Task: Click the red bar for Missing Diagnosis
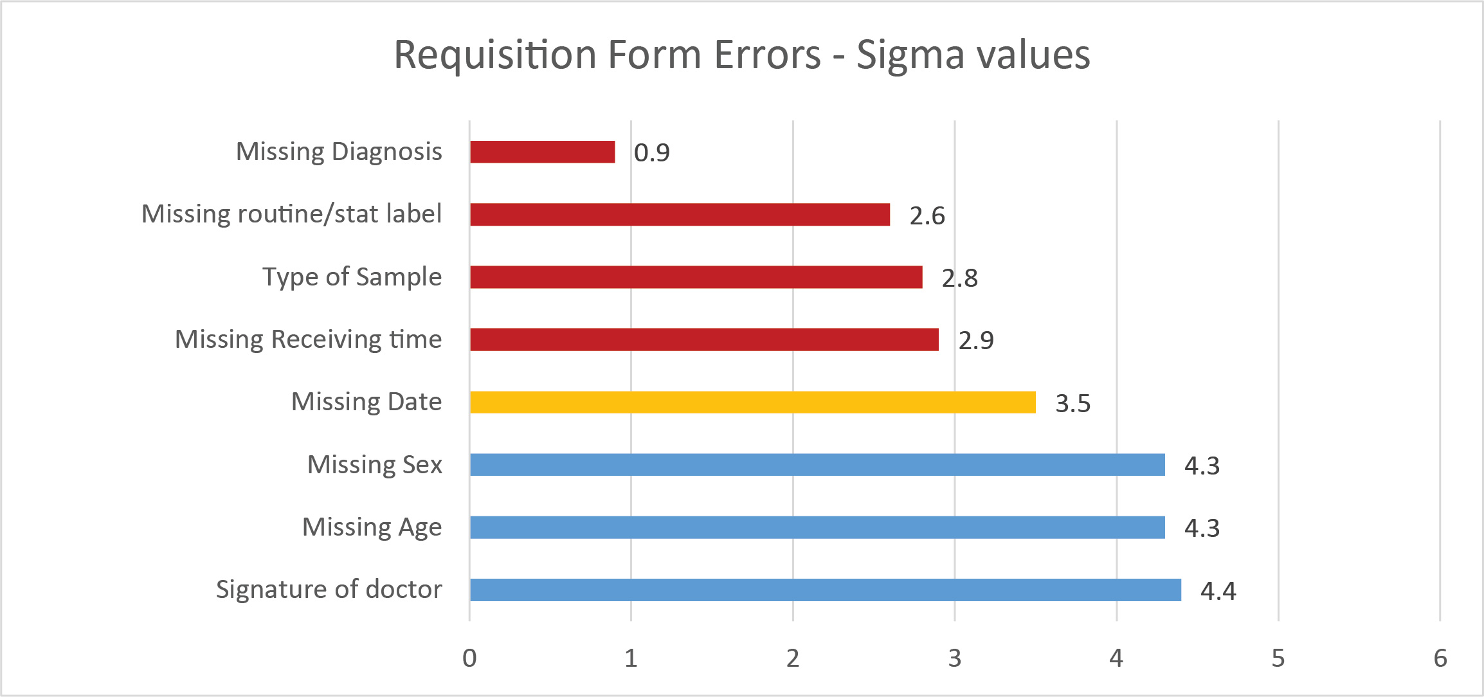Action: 542,152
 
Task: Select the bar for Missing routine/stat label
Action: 680,215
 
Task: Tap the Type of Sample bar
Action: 696,277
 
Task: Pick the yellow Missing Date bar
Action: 752,403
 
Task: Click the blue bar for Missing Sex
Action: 817,465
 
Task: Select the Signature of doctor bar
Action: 825,590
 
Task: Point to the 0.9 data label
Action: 651,153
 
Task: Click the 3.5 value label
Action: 1072,404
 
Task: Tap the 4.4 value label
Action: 1218,592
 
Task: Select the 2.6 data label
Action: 927,216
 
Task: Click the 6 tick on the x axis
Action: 1440,658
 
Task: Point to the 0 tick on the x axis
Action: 469,658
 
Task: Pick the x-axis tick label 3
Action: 955,658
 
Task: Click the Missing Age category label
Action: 372,527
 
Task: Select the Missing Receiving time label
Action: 308,339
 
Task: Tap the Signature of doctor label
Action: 329,590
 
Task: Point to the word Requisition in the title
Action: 495,55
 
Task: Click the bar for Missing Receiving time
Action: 704,339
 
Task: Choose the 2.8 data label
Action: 959,278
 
